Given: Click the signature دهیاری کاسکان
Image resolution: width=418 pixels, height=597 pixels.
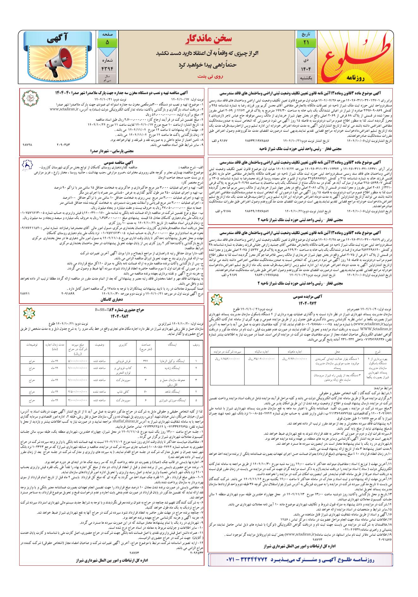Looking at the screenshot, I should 112,299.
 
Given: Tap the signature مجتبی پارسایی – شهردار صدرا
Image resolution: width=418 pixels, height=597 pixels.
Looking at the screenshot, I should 112,151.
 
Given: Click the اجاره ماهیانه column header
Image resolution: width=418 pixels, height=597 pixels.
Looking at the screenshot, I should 294,351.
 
